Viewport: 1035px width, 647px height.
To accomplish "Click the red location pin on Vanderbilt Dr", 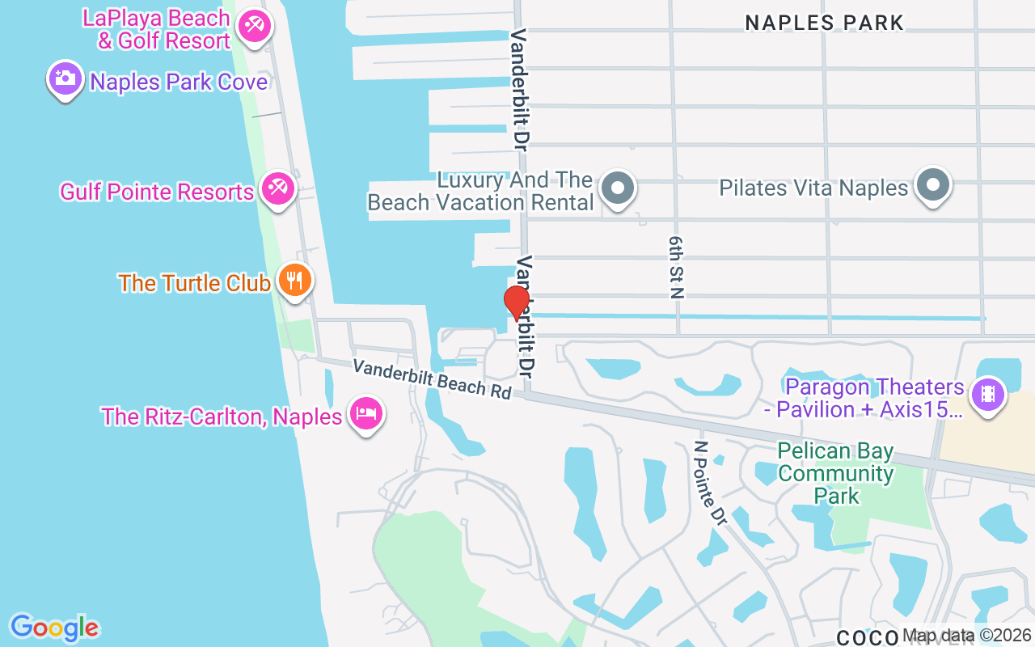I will [517, 302].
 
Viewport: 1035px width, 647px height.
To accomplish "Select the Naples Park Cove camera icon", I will [65, 78].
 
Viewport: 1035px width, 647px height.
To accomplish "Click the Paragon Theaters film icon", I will [986, 395].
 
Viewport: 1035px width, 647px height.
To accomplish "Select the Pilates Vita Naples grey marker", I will [932, 184].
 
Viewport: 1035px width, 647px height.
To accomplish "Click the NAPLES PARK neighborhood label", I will [824, 23].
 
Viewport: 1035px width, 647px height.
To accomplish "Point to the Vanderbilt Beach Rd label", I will [433, 378].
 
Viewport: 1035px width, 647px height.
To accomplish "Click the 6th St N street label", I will [676, 268].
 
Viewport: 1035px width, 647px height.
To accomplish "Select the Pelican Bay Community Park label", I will [836, 473].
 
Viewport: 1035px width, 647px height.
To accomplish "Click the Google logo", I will [54, 628].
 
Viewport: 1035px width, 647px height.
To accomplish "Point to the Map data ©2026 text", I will [967, 636].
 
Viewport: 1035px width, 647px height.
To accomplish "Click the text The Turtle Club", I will [194, 283].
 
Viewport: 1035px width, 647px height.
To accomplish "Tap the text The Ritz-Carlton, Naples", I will [222, 417].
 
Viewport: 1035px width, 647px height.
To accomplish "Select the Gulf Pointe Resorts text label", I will [157, 192].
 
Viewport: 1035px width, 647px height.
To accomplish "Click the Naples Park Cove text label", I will [179, 82].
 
